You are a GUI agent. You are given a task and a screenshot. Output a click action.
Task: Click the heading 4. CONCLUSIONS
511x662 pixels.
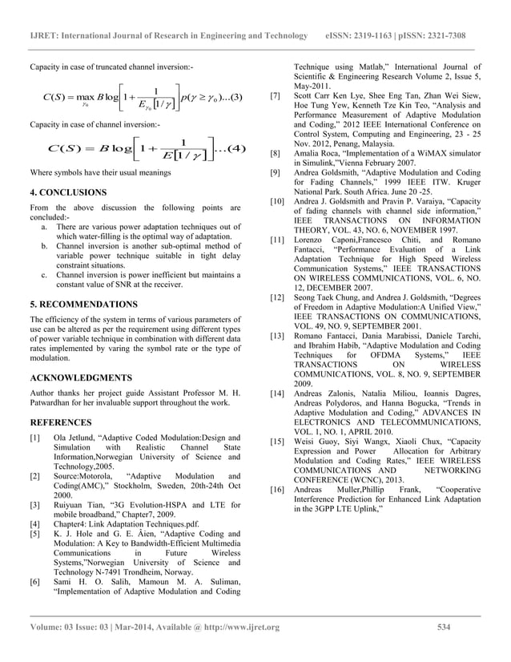[x=67, y=193]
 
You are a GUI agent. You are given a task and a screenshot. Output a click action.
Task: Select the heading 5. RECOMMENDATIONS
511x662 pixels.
[x=83, y=305]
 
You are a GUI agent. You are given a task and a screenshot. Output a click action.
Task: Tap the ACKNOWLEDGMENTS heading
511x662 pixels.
[x=81, y=376]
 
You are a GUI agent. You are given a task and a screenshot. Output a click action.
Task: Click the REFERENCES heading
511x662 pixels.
[x=61, y=422]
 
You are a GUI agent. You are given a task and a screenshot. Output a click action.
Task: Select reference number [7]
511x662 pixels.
[x=276, y=95]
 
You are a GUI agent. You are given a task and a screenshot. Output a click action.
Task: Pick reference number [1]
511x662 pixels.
[x=34, y=438]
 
